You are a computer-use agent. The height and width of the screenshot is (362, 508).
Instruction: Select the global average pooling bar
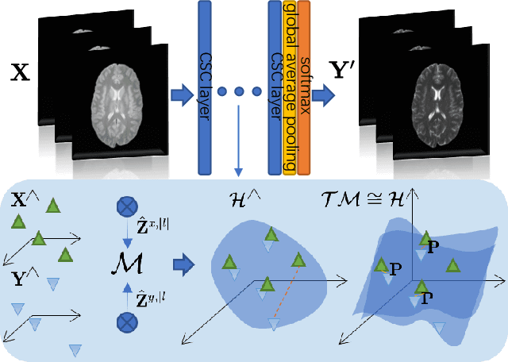tap(291, 87)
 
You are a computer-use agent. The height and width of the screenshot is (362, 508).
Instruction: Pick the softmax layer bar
tap(304, 87)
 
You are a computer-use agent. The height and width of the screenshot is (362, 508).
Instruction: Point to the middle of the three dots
tap(237, 93)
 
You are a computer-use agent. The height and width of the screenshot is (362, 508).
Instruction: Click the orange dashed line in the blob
tap(287, 290)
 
